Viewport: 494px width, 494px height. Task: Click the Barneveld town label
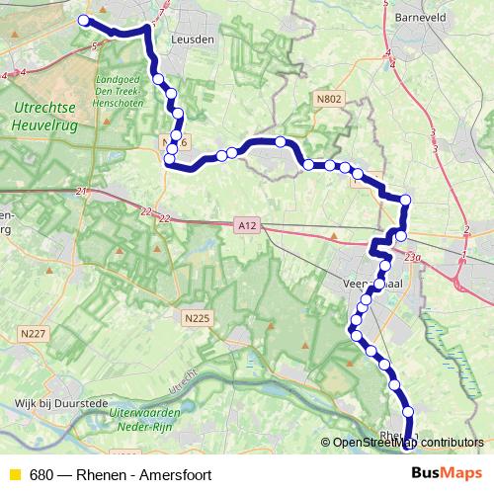(420, 18)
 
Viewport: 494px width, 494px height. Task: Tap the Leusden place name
(192, 39)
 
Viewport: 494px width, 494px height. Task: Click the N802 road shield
(329, 99)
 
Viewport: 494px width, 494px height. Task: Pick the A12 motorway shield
(247, 226)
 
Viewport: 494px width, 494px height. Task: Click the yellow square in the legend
(14, 474)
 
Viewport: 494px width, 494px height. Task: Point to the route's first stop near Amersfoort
(83, 21)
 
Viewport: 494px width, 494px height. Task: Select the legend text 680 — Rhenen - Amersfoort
(120, 474)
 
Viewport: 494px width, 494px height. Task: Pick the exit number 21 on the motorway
(81, 191)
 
